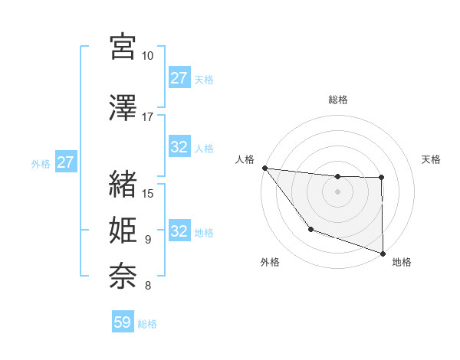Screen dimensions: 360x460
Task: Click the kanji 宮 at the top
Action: [x=123, y=47]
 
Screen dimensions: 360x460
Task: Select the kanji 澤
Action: [x=123, y=108]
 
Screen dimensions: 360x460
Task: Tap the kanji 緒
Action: [x=123, y=183]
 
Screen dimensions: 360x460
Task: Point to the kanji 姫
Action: [x=123, y=230]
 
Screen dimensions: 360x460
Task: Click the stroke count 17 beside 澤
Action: [x=148, y=117]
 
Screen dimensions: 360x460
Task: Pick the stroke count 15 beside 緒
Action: [x=148, y=192]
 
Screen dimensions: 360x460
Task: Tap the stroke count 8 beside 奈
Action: [x=147, y=286]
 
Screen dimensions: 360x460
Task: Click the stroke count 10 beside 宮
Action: [x=148, y=57]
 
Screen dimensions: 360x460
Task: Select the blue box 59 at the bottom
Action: [x=123, y=322]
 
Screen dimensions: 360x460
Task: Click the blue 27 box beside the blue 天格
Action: [x=179, y=78]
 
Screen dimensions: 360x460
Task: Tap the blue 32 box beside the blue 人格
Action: [x=179, y=147]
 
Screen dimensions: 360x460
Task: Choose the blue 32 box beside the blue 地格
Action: [x=179, y=231]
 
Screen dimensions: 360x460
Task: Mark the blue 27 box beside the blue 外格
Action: [x=65, y=162]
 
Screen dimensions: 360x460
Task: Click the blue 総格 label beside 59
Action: [x=147, y=324]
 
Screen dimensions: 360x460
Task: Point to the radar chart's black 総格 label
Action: [x=337, y=100]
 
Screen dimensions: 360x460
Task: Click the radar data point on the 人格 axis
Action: [x=264, y=168]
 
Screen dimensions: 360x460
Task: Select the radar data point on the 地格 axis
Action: [x=383, y=252]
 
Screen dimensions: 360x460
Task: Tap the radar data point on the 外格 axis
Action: [x=310, y=229]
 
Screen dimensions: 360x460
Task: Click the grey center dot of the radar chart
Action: [x=337, y=191]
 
